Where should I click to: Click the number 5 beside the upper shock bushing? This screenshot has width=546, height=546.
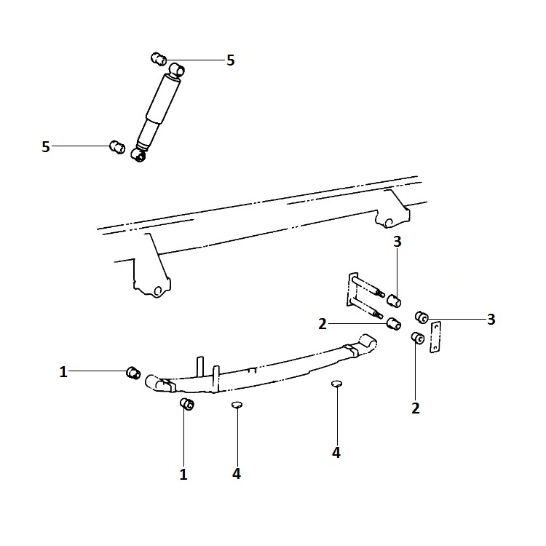(231, 60)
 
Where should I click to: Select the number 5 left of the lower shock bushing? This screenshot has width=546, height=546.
(46, 146)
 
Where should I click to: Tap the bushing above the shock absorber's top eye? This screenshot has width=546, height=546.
(159, 58)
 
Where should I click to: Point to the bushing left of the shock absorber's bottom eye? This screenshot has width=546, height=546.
(117, 146)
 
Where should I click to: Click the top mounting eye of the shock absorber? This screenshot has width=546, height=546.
(177, 69)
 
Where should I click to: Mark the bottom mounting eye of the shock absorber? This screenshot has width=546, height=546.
(138, 155)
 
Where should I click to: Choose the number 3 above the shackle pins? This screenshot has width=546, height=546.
(397, 241)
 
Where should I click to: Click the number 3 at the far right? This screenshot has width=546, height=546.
(491, 319)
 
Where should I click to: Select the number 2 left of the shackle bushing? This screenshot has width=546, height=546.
(323, 324)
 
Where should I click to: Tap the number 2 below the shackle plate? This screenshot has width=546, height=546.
(416, 408)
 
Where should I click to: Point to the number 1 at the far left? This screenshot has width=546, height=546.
(63, 372)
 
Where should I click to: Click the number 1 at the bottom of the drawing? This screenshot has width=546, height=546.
(183, 474)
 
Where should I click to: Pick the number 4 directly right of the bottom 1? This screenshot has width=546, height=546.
(237, 474)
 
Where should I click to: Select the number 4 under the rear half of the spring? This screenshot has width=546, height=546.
(336, 453)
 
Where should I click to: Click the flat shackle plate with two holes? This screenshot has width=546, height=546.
(435, 337)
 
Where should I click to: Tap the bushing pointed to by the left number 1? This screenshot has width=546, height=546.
(133, 373)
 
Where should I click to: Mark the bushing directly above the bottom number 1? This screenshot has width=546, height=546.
(187, 404)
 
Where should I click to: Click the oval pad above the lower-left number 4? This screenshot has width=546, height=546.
(237, 404)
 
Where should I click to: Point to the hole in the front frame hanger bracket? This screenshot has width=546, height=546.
(158, 290)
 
